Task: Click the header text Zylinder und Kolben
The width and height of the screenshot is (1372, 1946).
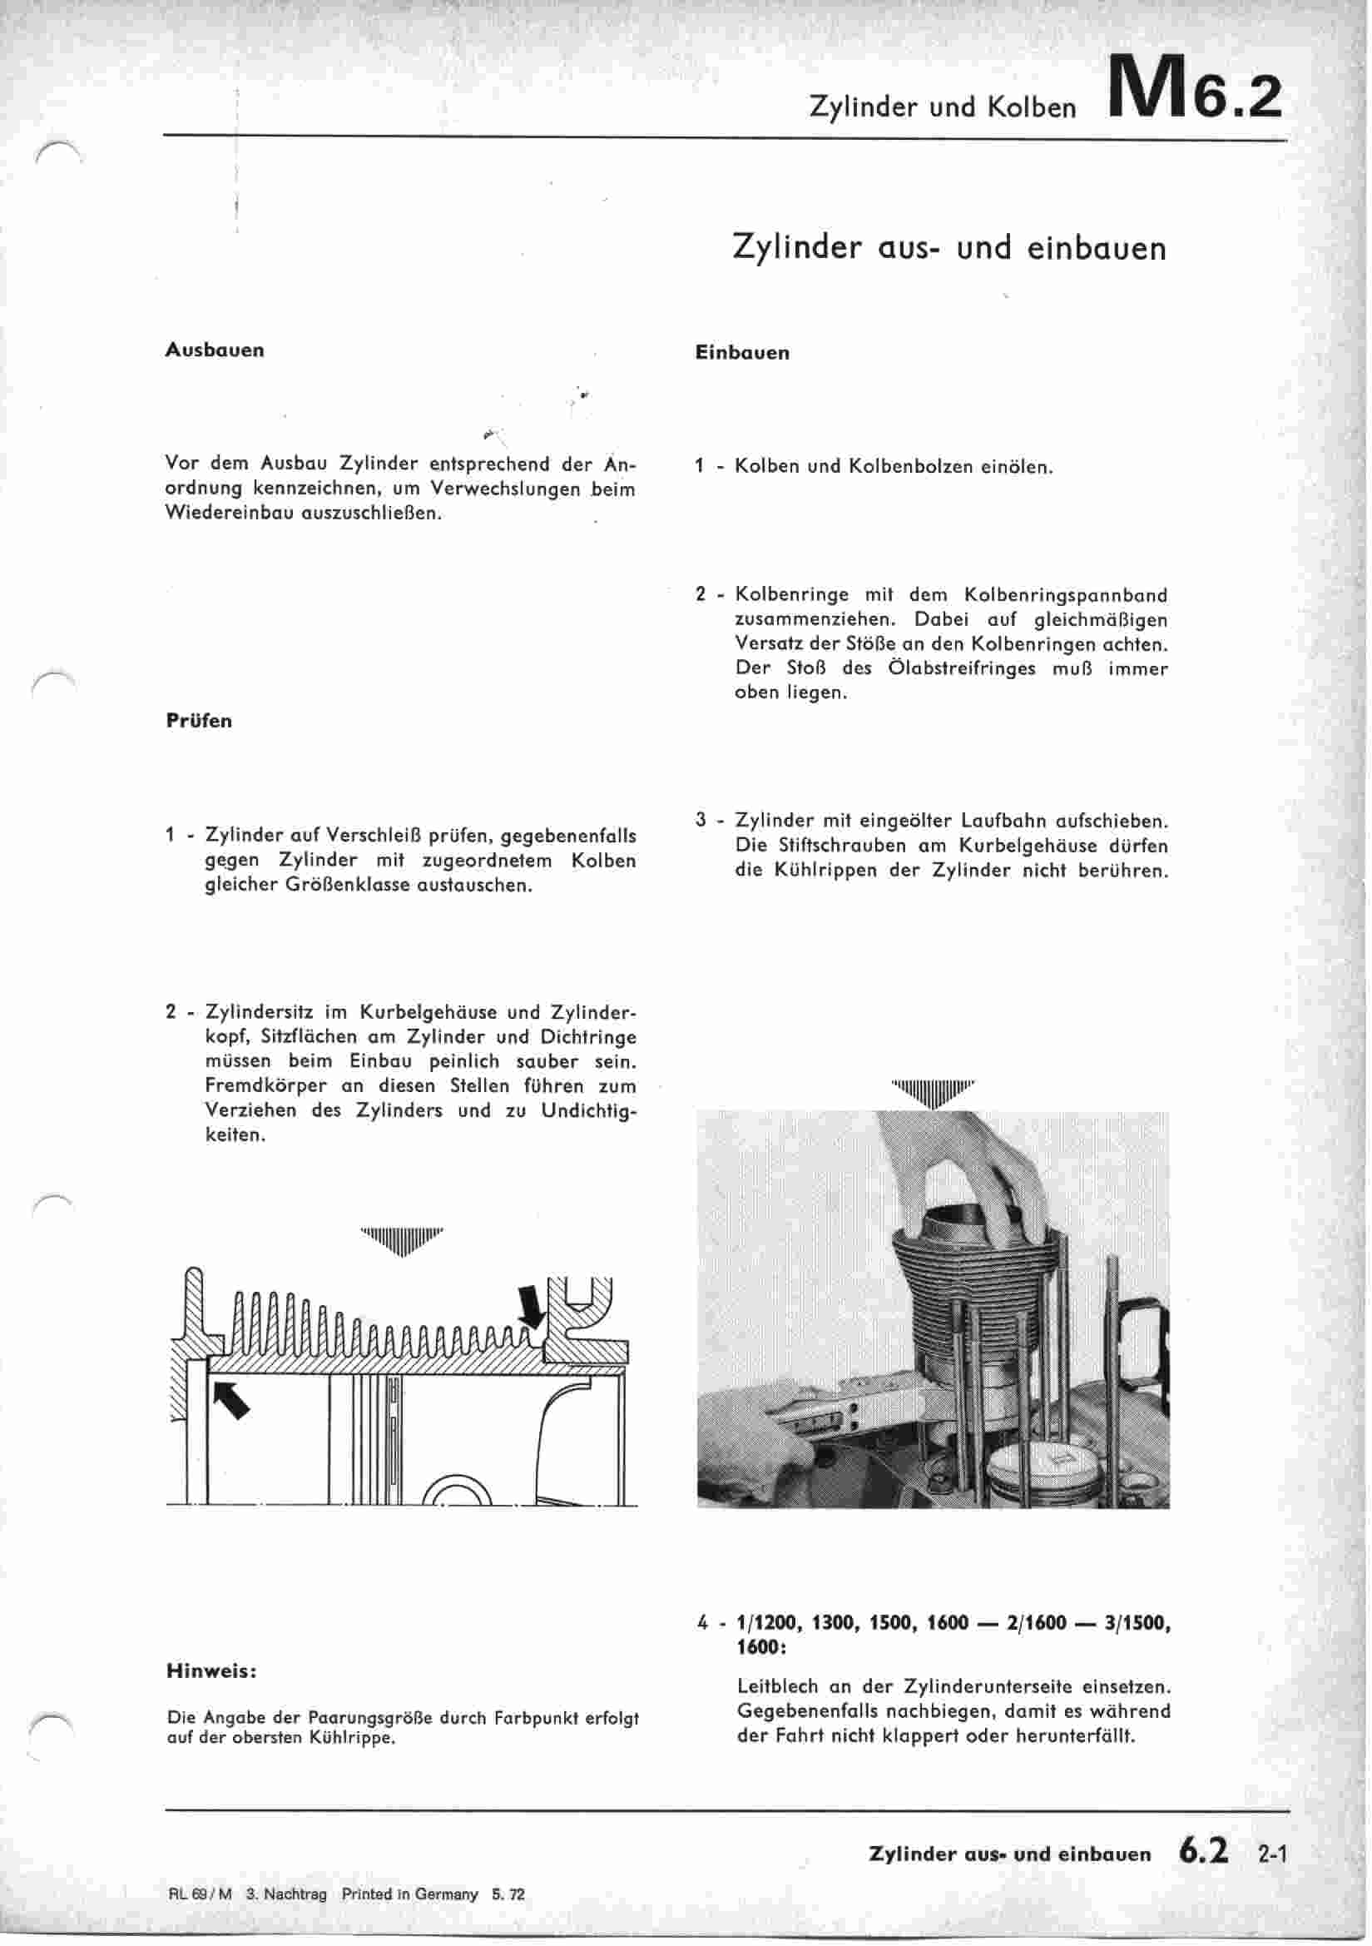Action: pyautogui.click(x=943, y=107)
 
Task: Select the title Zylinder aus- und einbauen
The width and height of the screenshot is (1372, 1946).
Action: pyautogui.click(x=949, y=247)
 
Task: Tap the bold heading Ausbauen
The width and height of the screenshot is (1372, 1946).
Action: pyautogui.click(x=215, y=350)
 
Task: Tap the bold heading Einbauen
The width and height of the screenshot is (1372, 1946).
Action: pyautogui.click(x=742, y=354)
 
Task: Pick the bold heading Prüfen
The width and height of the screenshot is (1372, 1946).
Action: pyautogui.click(x=198, y=722)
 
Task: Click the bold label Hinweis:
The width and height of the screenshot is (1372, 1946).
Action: pyautogui.click(x=212, y=1670)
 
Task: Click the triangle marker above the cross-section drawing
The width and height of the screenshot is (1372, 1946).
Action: pyautogui.click(x=401, y=1241)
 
